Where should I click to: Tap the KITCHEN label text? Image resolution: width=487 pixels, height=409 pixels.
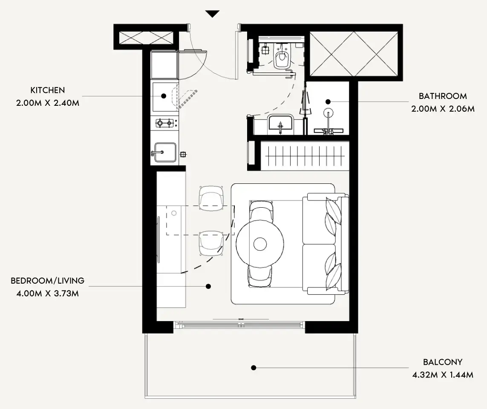48,90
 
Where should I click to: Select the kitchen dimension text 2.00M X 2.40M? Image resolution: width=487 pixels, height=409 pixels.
48,103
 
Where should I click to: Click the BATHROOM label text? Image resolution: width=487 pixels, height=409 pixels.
443,96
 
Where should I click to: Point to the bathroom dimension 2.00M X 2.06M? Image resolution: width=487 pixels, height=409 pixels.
443,109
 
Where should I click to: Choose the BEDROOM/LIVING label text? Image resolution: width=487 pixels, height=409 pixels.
48,281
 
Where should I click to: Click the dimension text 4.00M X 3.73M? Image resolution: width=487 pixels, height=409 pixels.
48,293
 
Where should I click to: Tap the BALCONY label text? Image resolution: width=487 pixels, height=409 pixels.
443,362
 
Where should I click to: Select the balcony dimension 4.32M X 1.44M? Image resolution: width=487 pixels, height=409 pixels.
443,375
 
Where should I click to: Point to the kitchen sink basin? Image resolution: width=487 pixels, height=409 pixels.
165,152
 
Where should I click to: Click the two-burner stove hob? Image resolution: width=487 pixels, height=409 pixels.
164,123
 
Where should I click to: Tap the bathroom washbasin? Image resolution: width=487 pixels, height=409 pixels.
280,123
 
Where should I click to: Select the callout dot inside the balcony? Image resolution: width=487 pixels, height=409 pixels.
254,368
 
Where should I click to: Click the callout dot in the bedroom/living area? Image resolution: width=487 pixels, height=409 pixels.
208,286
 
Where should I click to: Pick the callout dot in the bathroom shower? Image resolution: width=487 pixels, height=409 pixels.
328,102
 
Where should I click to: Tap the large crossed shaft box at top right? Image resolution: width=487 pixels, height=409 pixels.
354,53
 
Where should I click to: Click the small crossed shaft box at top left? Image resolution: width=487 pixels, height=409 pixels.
146,38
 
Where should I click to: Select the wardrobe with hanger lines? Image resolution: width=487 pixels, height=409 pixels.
305,155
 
